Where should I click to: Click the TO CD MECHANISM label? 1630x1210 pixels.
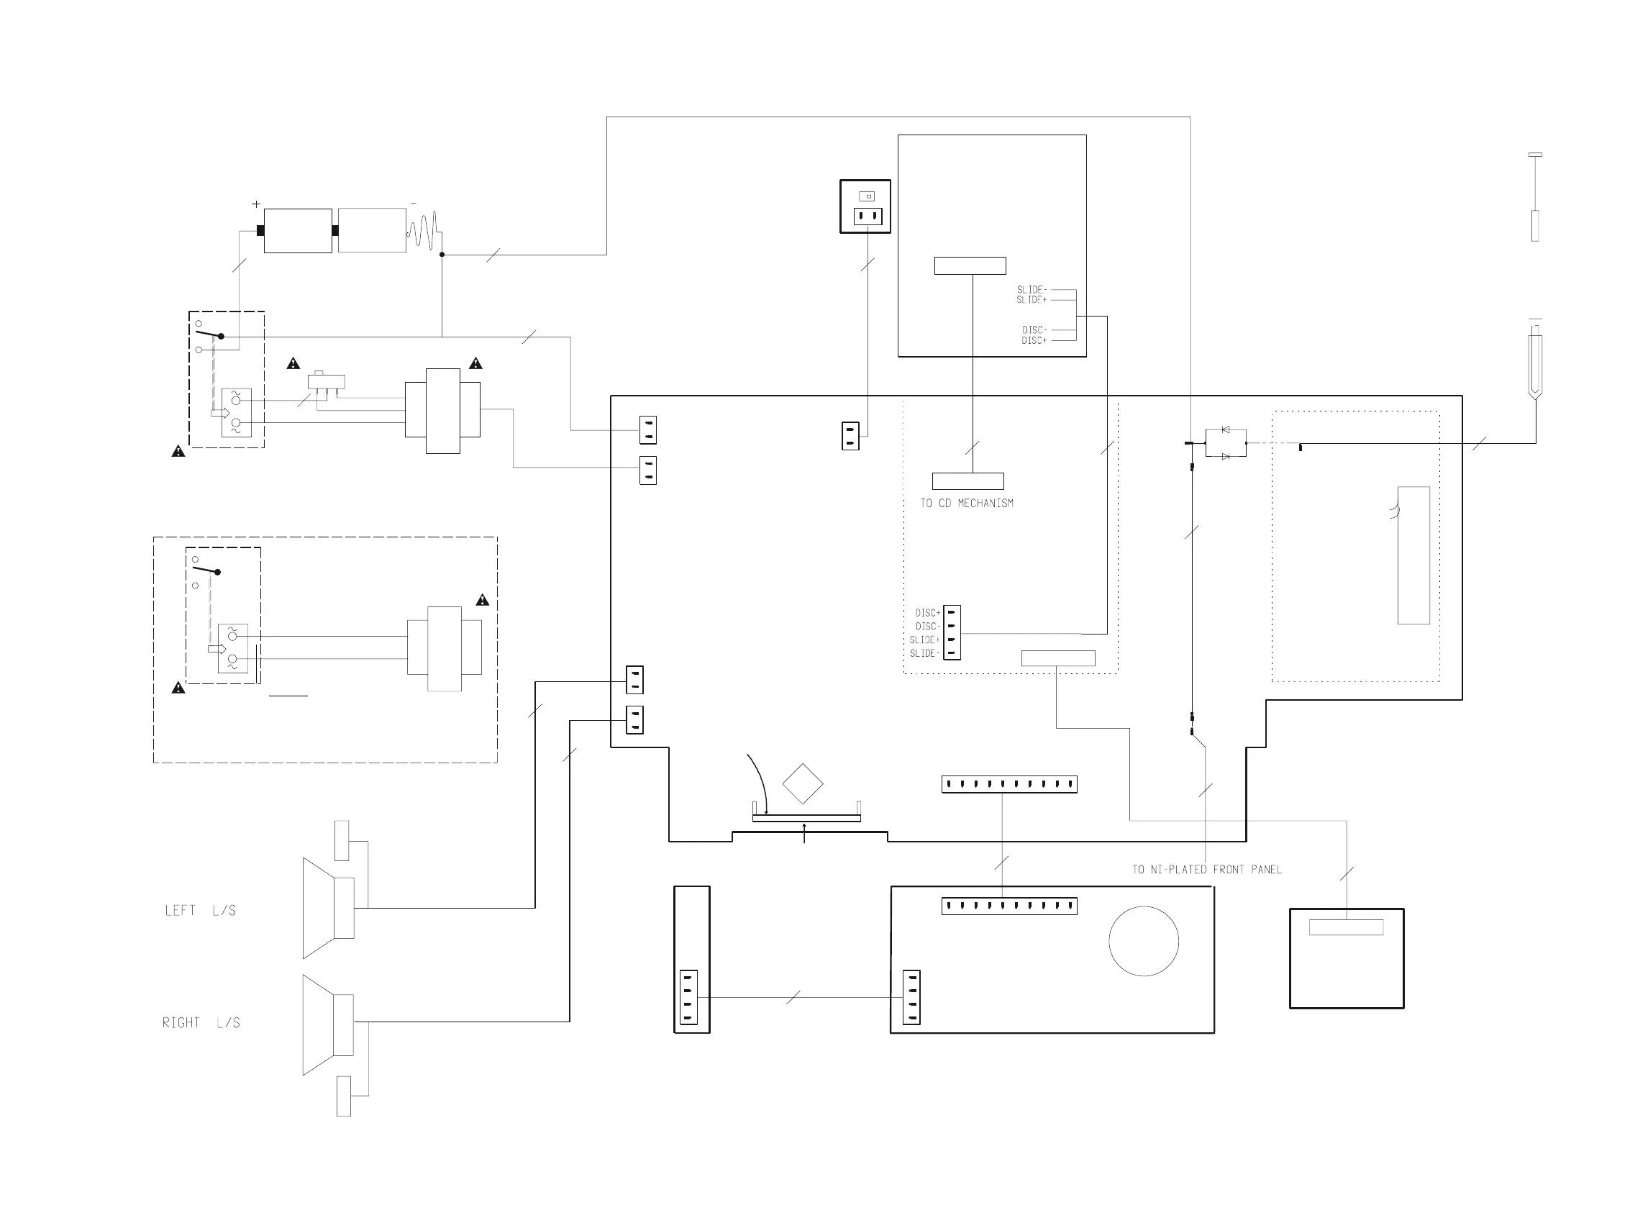[967, 503]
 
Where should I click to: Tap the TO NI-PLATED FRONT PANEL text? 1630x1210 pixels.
[1207, 870]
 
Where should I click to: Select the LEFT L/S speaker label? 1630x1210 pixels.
[200, 911]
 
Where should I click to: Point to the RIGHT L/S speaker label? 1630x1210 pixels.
[201, 1022]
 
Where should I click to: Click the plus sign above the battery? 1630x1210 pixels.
[255, 204]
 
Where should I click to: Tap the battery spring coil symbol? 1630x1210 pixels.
[424, 231]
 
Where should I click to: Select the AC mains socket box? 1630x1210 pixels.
[865, 206]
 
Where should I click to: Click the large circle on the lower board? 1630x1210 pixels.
[1143, 941]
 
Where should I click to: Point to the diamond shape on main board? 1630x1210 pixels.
[803, 783]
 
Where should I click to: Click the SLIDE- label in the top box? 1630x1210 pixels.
[1032, 290]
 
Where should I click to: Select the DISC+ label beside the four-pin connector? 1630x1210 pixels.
[927, 613]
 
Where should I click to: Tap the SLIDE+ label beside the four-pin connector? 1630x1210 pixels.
[924, 640]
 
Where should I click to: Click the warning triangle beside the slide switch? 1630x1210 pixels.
[293, 363]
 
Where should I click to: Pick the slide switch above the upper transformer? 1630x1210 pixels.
[326, 382]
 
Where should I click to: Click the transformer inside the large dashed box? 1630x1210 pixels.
[445, 648]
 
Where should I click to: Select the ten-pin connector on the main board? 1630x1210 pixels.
[1008, 784]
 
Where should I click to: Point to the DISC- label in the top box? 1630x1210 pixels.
[1034, 330]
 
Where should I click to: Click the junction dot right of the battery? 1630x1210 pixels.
[442, 255]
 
